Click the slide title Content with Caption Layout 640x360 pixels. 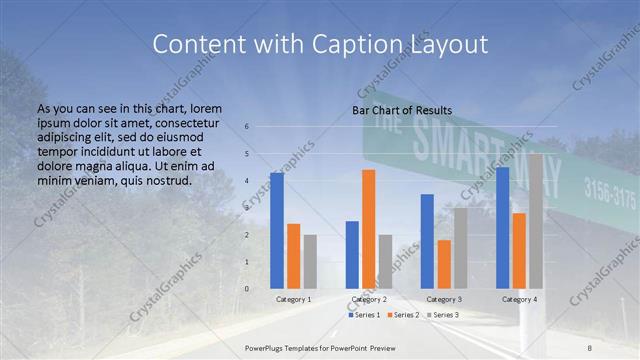tap(320, 44)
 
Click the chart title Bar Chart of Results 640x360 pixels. tap(402, 110)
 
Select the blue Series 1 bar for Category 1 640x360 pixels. tap(277, 230)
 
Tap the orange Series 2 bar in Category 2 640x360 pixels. tap(369, 229)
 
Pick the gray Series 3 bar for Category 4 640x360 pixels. tap(536, 221)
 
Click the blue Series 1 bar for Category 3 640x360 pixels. tap(427, 241)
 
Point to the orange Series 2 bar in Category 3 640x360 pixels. tap(444, 264)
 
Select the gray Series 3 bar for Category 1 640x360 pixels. tap(310, 261)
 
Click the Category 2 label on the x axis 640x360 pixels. tap(369, 299)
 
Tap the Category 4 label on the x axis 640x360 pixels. tap(519, 299)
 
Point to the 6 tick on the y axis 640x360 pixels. tap(247, 127)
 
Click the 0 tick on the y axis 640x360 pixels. tap(247, 288)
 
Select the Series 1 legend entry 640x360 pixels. tap(364, 315)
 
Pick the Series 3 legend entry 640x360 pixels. tap(442, 315)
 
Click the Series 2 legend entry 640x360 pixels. tap(403, 315)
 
